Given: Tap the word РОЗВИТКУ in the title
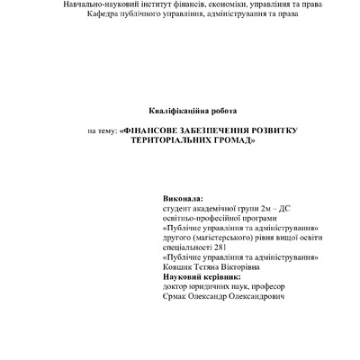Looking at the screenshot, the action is coord(287,131).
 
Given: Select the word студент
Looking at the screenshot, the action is coord(179,207).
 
